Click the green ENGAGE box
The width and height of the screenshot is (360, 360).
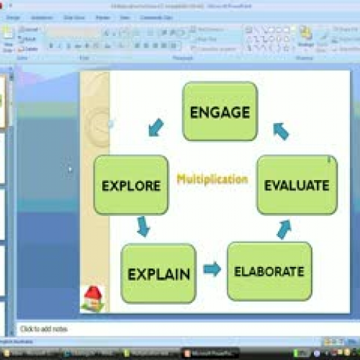[220, 112]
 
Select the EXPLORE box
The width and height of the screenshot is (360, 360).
[130, 185]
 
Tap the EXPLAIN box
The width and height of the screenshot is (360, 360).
[158, 274]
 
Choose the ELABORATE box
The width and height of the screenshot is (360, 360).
[269, 271]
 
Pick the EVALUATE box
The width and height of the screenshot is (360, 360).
[297, 185]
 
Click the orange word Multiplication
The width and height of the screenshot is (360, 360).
[212, 179]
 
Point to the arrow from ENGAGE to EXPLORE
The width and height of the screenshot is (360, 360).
[156, 127]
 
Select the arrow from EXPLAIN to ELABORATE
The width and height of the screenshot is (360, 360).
[212, 269]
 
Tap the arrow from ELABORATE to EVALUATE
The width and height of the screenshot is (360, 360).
[284, 228]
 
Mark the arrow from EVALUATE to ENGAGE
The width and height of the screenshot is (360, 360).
[280, 130]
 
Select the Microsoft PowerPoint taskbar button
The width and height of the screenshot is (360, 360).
[209, 353]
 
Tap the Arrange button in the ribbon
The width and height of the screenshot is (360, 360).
[306, 37]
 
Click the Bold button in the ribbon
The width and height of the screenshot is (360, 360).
[51, 46]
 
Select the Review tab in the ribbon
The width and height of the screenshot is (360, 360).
[102, 17]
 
